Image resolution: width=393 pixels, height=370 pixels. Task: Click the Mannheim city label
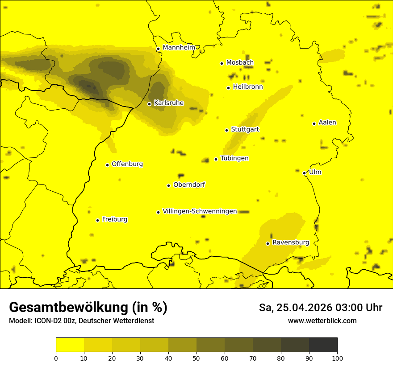click(179, 47)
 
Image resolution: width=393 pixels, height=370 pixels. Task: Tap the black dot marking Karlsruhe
click(150, 104)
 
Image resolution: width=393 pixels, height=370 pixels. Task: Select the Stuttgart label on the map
click(245, 129)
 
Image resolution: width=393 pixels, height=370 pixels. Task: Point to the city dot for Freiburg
click(97, 220)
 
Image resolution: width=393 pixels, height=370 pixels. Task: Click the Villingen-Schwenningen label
click(200, 211)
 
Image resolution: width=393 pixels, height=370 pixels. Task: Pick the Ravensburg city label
click(290, 243)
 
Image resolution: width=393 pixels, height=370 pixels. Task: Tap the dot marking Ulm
click(304, 173)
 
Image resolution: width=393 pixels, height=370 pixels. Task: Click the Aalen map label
click(327, 123)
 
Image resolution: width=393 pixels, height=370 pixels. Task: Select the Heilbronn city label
click(248, 87)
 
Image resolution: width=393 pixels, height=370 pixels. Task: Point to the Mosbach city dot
click(222, 63)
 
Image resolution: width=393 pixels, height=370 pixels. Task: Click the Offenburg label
click(127, 164)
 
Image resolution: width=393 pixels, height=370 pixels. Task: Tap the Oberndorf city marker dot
click(169, 185)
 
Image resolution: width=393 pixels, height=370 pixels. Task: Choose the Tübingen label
click(234, 158)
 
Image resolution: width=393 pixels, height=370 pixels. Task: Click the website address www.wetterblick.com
click(322, 321)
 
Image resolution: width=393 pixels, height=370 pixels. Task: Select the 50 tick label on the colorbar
click(196, 358)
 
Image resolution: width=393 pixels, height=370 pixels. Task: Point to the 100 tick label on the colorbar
click(337, 358)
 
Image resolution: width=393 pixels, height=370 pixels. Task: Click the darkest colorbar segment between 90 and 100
click(323, 345)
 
